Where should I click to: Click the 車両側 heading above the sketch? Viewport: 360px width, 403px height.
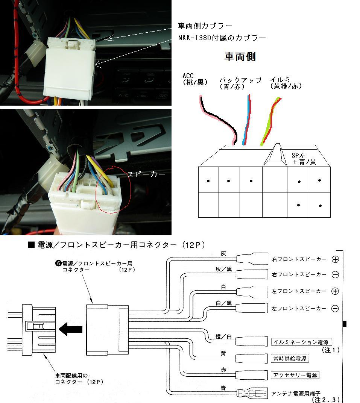(240, 57)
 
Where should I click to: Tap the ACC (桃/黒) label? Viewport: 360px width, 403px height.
(194, 79)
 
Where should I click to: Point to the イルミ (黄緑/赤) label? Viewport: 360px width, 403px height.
(286, 83)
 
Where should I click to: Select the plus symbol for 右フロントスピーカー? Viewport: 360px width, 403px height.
(335, 259)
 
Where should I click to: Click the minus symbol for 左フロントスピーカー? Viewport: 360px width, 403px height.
(335, 309)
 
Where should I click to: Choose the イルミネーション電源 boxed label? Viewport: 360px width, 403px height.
(300, 342)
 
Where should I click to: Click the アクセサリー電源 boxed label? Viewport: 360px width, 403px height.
(295, 375)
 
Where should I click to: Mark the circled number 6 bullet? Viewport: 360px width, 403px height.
(58, 263)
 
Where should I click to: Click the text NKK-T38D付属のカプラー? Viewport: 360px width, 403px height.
(222, 38)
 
